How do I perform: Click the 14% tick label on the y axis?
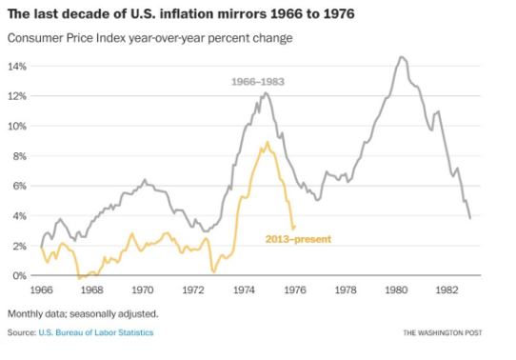(17, 67)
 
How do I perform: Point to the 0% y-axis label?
(19, 276)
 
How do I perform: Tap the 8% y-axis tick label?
(19, 156)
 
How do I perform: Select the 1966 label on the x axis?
(42, 290)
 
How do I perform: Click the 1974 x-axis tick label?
(244, 290)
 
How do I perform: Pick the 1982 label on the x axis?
(447, 290)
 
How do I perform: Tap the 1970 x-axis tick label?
(143, 290)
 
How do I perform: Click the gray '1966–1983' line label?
(258, 82)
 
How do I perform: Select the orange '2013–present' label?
(299, 239)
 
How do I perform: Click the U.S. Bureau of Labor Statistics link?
(96, 332)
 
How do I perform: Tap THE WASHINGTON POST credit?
(443, 333)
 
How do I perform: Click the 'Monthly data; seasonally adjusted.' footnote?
(83, 314)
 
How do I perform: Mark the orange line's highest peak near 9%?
(268, 142)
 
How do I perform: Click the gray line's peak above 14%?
(402, 57)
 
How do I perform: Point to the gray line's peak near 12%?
(266, 93)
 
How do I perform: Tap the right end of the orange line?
(295, 226)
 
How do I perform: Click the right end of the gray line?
(470, 218)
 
